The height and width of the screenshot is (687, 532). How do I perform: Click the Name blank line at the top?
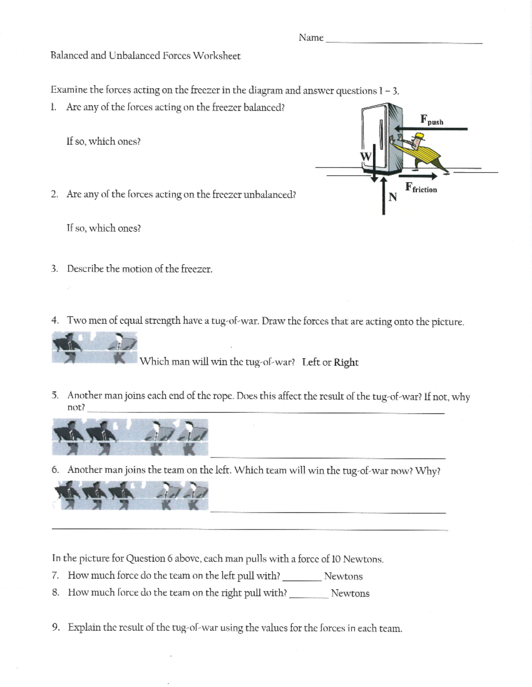point(403,42)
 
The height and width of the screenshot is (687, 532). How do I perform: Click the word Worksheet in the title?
point(217,56)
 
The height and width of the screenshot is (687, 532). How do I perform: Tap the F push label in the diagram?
point(431,120)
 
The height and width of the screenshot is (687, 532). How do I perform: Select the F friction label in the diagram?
point(421,188)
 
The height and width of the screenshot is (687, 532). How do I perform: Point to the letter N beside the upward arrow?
point(392,197)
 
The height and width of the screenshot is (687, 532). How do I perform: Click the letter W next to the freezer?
point(366,156)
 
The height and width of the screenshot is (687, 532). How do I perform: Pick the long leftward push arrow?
point(430,129)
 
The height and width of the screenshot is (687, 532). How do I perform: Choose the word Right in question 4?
point(346,362)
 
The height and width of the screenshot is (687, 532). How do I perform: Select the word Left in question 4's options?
point(311,362)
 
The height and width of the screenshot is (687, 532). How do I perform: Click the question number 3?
point(54,269)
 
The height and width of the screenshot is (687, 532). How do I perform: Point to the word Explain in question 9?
point(84,628)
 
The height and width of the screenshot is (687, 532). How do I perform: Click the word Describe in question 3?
point(85,269)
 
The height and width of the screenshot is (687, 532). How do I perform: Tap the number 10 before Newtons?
point(335,559)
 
